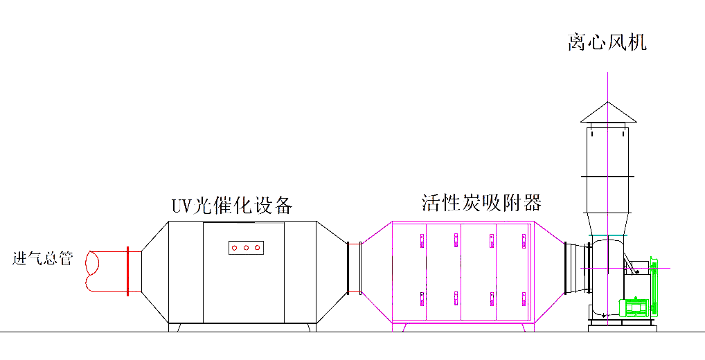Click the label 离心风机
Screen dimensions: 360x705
click(x=607, y=43)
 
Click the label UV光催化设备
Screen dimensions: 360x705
click(x=232, y=206)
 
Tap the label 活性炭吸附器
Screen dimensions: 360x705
click(x=481, y=203)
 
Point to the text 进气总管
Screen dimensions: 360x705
click(x=43, y=259)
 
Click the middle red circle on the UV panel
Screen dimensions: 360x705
click(x=246, y=247)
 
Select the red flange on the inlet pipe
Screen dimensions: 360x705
click(x=128, y=271)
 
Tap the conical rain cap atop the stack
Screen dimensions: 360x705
click(x=608, y=113)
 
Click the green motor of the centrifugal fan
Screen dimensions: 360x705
click(x=636, y=307)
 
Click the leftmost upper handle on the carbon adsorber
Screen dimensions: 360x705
click(x=422, y=240)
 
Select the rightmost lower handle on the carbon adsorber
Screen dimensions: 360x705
click(x=524, y=298)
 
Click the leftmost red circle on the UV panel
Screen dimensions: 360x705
click(x=235, y=247)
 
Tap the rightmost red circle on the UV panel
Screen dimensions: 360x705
click(x=258, y=247)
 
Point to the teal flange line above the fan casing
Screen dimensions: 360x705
click(x=607, y=235)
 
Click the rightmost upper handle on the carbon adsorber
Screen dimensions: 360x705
click(x=524, y=240)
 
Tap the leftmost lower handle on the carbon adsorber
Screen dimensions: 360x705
click(x=422, y=298)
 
